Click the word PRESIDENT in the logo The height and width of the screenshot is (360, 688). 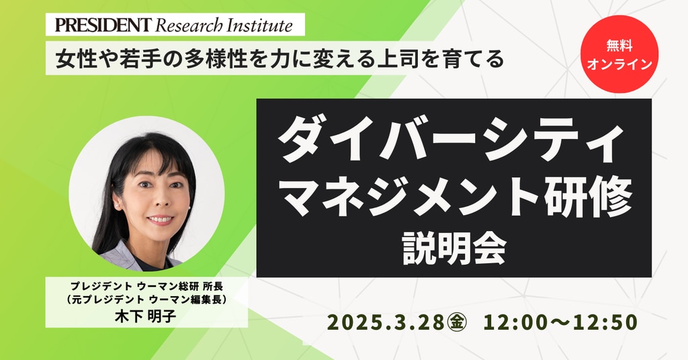103,25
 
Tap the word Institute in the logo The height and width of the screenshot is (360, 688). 260,26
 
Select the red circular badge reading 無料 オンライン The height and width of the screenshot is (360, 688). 619,54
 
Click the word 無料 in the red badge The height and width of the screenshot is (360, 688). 619,45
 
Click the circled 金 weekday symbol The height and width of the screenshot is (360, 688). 456,323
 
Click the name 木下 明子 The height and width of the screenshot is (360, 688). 146,316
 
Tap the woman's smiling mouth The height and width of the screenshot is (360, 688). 160,219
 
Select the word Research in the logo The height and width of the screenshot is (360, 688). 189,26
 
